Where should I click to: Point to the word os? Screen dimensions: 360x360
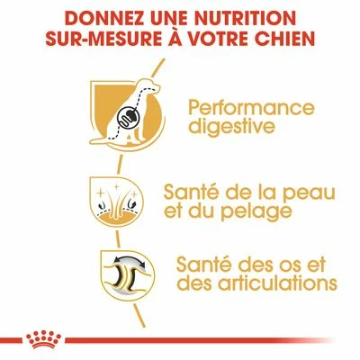[284, 263]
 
